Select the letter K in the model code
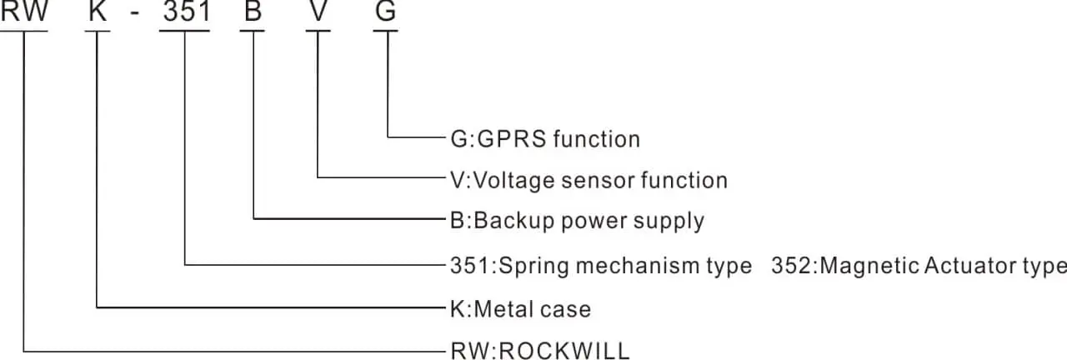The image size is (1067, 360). point(98,13)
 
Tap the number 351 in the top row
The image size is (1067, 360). point(184,13)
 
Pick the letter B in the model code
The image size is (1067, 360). point(252,13)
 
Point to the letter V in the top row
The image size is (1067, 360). point(318,13)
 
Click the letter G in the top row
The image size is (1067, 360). point(385,13)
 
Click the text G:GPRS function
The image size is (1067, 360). point(544,138)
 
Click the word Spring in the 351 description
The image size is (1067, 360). point(534,266)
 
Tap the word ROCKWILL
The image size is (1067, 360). point(564,350)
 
